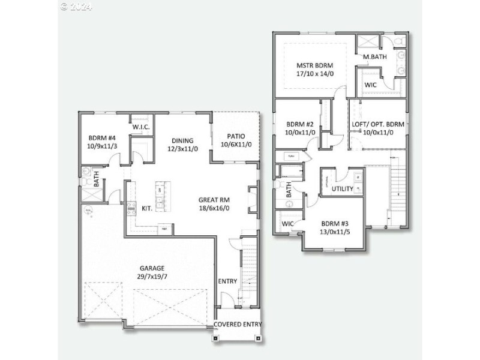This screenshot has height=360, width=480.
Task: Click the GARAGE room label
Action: click(152, 268)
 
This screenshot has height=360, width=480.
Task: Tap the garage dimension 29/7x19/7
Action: click(152, 277)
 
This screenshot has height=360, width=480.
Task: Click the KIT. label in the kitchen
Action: click(147, 208)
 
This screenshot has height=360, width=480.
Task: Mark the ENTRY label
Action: click(227, 281)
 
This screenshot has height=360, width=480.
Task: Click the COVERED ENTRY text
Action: click(238, 325)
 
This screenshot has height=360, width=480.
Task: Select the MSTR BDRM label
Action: click(314, 65)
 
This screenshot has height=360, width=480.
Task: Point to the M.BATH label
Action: click(374, 57)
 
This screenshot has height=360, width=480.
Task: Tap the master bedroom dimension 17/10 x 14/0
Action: click(314, 74)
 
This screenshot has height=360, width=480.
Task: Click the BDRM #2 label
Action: click(300, 124)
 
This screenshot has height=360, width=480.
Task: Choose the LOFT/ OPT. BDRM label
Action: click(378, 124)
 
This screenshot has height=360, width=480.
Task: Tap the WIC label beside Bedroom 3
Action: click(287, 224)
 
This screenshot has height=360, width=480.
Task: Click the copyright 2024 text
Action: click(76, 7)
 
